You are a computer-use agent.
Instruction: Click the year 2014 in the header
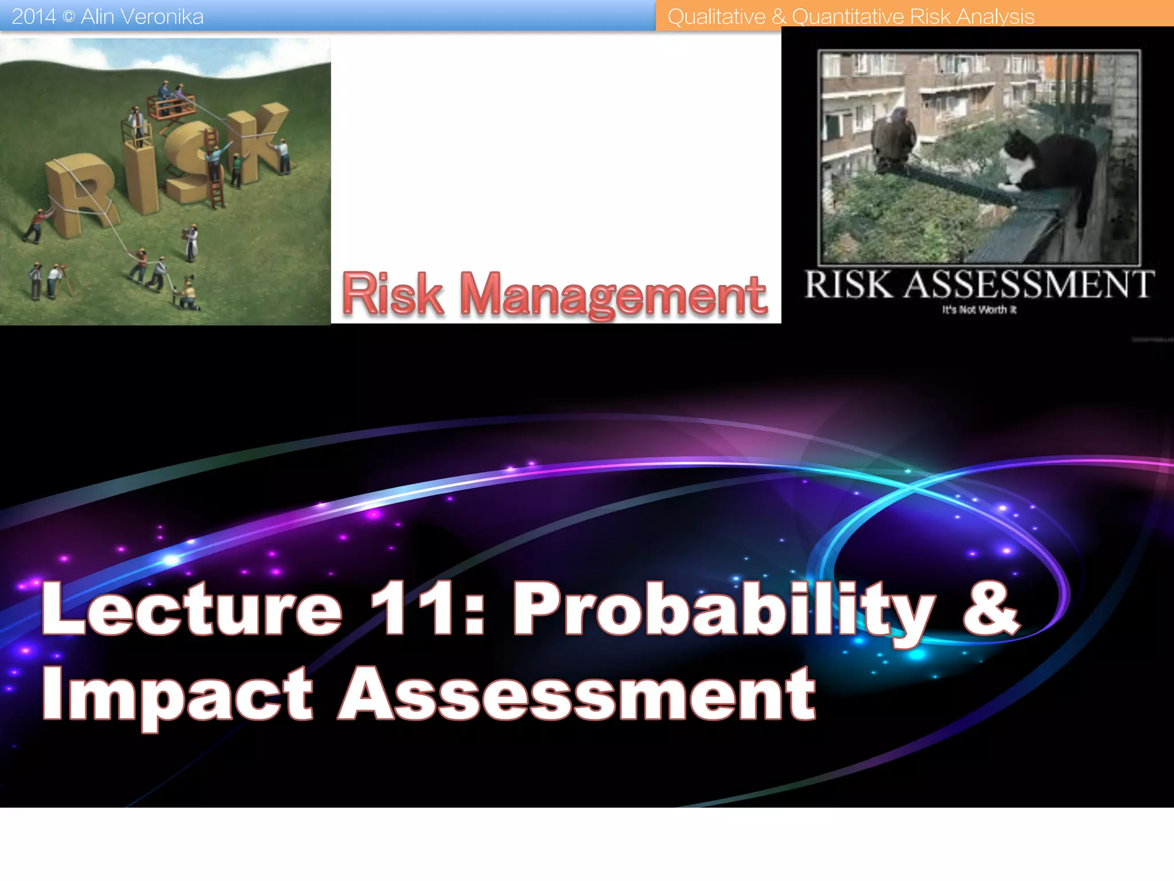33,17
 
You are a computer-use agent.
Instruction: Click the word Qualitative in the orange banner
717,17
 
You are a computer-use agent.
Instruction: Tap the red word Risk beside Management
393,294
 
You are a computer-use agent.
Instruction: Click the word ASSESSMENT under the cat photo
1029,285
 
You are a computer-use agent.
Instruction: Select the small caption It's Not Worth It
979,310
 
